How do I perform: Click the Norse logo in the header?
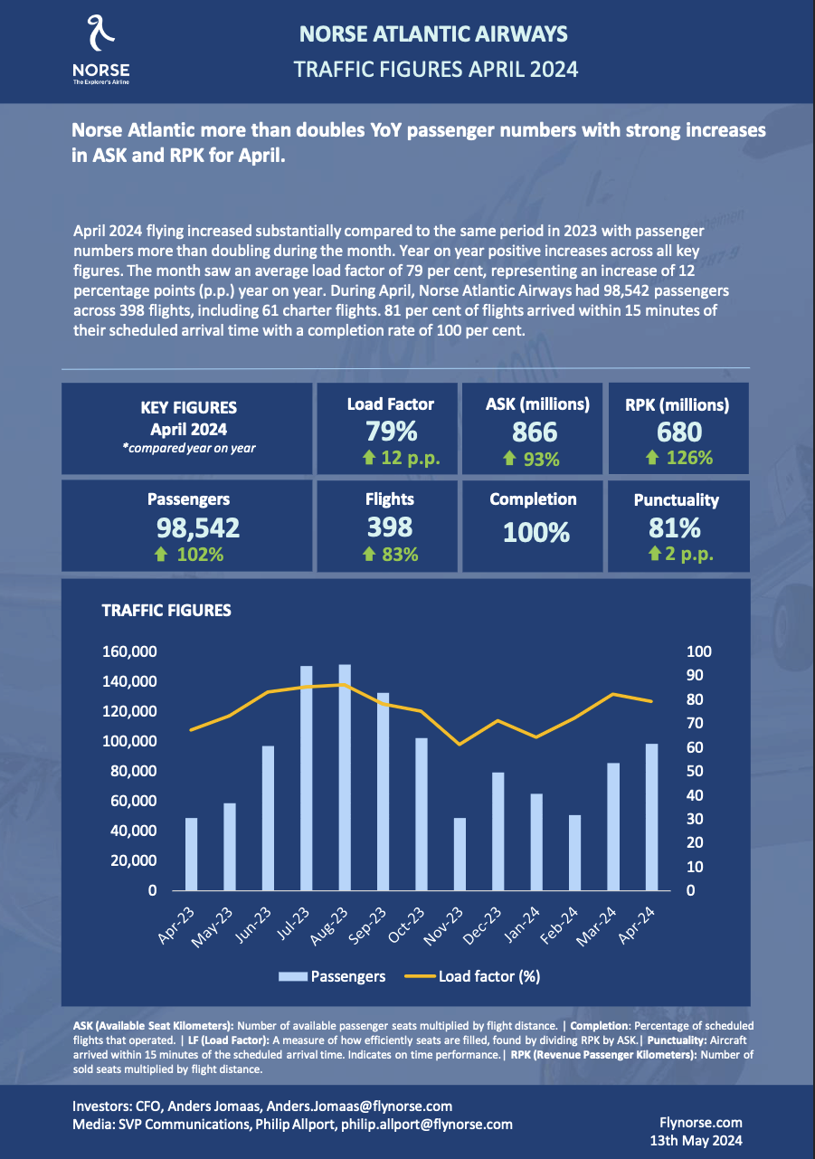point(100,51)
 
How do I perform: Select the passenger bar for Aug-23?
point(345,778)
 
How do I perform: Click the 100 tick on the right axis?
point(676,651)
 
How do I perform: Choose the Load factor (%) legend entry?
point(479,976)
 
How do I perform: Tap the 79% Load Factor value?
point(391,431)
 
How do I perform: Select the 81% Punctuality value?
point(676,527)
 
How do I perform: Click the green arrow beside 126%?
point(652,458)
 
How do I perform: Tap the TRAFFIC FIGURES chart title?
point(166,611)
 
